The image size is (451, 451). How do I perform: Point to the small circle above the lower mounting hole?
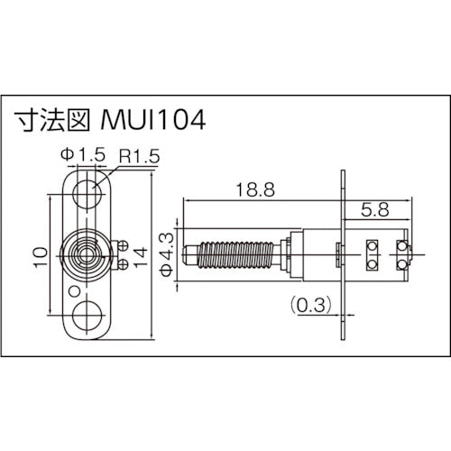[x=69, y=291]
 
